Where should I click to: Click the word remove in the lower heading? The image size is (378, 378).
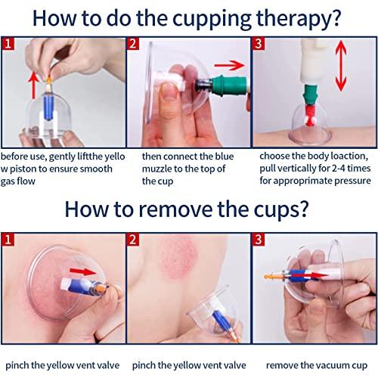pos(197,209)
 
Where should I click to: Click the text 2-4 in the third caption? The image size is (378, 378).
pos(337,169)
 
